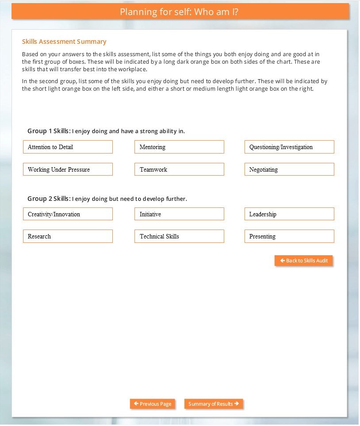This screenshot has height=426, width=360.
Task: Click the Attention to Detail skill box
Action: pos(68,147)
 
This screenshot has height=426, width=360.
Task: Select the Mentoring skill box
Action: pos(179,147)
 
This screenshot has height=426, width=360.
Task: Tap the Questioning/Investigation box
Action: pos(289,147)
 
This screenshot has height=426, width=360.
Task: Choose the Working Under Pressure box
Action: pos(68,169)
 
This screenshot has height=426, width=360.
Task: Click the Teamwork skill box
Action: pos(179,169)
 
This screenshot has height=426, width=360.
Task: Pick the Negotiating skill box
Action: pos(289,169)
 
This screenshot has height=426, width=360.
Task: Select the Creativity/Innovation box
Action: pos(68,214)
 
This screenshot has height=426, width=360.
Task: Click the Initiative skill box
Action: pos(179,214)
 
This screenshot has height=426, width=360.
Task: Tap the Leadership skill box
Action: pos(289,214)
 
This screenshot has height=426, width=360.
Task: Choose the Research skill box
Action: pos(68,236)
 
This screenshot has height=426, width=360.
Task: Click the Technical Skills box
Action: pos(179,236)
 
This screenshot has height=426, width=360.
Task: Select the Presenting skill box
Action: pos(289,236)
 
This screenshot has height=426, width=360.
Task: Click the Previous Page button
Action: pos(153,404)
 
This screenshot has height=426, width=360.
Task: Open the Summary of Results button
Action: pos(214,404)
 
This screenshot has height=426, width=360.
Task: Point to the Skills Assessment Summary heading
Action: pos(64,42)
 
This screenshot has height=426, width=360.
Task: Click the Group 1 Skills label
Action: pos(49,131)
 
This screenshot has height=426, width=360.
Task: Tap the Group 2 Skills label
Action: pos(49,199)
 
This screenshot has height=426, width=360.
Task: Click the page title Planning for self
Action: pos(179,12)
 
